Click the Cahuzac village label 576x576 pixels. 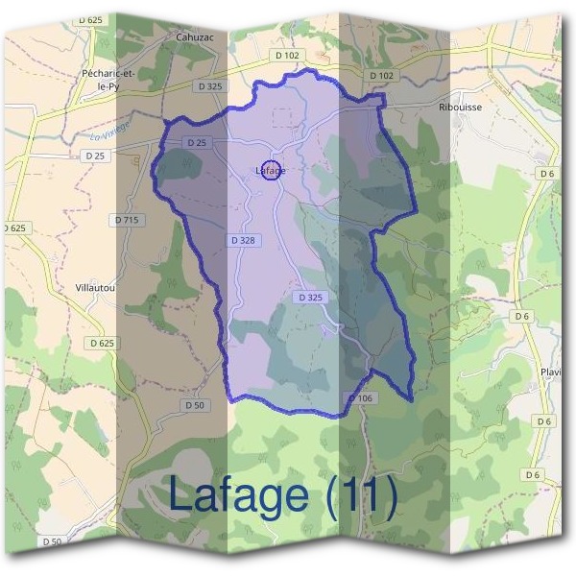point(194,37)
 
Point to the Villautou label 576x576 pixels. point(96,287)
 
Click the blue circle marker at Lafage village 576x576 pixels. point(271,170)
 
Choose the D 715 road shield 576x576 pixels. point(128,220)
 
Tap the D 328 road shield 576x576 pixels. point(242,239)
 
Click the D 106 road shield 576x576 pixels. point(359,397)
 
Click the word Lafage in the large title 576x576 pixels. point(239,494)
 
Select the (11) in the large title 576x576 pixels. point(361,494)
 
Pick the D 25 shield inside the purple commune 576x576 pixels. point(198,142)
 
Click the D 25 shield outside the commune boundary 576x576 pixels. point(95,155)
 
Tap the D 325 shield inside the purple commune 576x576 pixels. point(310,298)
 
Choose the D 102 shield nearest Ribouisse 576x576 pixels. point(381,75)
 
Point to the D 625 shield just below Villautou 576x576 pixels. point(100,343)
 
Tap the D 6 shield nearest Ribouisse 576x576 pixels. point(547,173)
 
